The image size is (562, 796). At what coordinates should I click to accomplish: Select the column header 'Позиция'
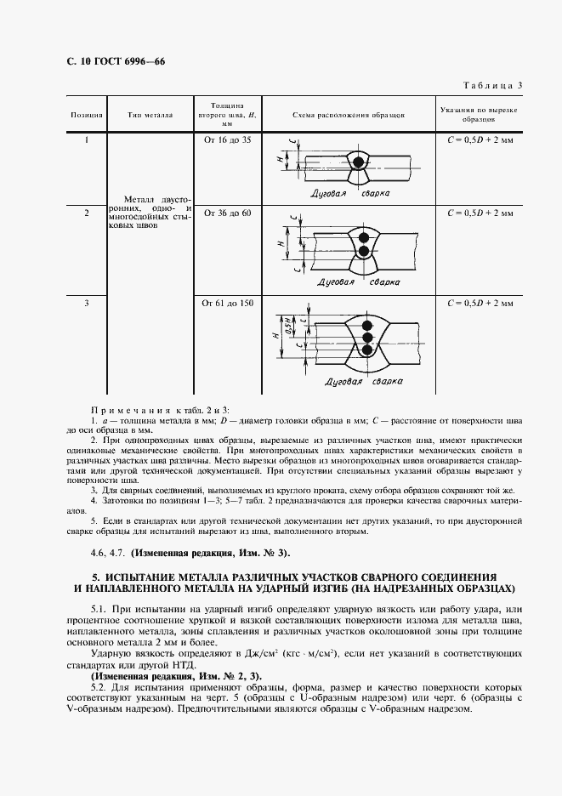coord(87,114)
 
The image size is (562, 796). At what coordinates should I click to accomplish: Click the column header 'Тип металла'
coord(150,114)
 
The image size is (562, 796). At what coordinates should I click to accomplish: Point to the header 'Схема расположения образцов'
coord(348,114)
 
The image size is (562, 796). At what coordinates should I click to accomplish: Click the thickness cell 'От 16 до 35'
coord(227,139)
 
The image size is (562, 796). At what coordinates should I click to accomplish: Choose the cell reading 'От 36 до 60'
coord(227,213)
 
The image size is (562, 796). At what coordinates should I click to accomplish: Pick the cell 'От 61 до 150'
coord(227,302)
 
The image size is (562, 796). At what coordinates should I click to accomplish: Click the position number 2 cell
coord(87,213)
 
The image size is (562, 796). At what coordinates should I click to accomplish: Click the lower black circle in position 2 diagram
coord(364,252)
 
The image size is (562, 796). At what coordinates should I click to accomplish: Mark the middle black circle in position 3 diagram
coord(367,338)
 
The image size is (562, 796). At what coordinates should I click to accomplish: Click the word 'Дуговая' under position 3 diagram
coord(345,383)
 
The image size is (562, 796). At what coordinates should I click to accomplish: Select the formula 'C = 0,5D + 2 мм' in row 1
coord(480,139)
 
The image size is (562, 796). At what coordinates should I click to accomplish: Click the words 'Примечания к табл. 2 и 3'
coord(161,410)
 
